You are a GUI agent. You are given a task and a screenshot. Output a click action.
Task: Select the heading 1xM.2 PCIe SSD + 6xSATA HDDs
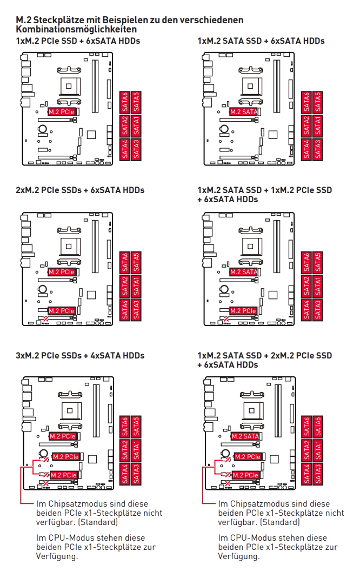click(x=78, y=41)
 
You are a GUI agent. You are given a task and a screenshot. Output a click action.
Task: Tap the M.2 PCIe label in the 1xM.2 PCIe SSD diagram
click(x=62, y=112)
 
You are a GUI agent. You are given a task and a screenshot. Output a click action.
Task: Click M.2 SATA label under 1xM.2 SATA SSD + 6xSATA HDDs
click(x=244, y=112)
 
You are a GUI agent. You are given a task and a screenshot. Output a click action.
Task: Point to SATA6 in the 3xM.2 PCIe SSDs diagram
click(x=125, y=427)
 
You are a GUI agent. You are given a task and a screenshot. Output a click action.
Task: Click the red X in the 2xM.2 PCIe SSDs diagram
click(x=46, y=318)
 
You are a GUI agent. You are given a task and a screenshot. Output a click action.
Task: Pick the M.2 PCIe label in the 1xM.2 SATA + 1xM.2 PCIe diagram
click(x=243, y=311)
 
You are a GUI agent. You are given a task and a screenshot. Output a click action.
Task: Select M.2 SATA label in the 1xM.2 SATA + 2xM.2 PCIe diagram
click(x=245, y=436)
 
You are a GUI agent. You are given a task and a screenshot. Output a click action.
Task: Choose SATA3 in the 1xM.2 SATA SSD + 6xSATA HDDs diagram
click(x=318, y=150)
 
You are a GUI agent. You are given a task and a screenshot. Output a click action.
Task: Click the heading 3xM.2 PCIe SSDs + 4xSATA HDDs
click(x=80, y=356)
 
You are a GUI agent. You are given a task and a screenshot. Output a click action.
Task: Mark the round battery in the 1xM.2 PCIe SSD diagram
click(x=43, y=129)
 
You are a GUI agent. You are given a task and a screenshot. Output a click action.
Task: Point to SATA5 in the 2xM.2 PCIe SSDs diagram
click(x=136, y=262)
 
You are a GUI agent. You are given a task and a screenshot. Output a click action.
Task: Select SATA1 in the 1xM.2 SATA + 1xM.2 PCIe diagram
click(x=318, y=286)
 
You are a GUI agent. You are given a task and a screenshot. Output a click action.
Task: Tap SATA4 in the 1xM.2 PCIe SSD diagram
click(x=125, y=150)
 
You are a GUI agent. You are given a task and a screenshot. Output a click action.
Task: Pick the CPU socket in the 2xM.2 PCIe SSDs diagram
click(x=69, y=246)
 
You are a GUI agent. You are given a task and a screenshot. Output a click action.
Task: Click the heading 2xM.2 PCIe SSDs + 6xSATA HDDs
click(x=80, y=190)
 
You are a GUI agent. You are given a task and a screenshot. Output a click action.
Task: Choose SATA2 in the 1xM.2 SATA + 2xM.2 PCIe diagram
click(x=306, y=450)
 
